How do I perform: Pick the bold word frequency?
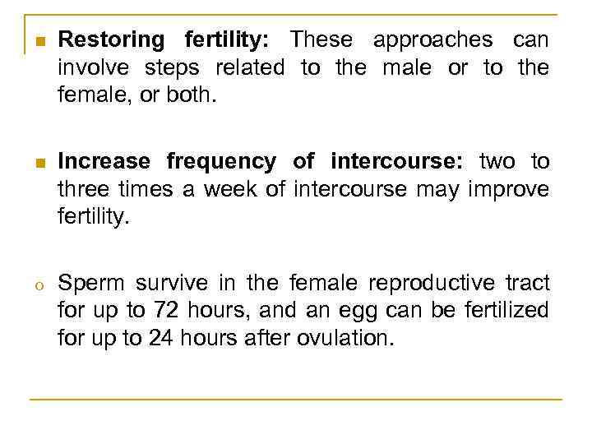pos(224,160)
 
